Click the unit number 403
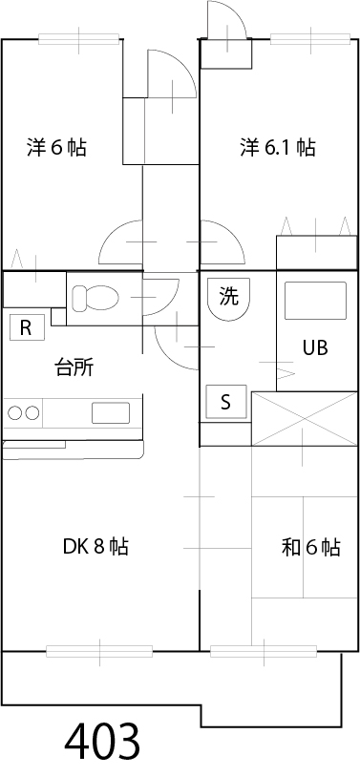[x=103, y=741]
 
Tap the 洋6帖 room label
[x=56, y=148]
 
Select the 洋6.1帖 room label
[x=278, y=148]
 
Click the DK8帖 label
[x=95, y=547]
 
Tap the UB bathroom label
[x=315, y=348]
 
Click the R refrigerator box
[x=26, y=328]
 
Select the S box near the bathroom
[x=226, y=402]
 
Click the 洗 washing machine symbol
[x=228, y=297]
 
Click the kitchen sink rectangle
[x=110, y=413]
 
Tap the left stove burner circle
[x=15, y=413]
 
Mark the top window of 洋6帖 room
[x=80, y=39]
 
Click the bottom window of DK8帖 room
[x=99, y=652]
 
